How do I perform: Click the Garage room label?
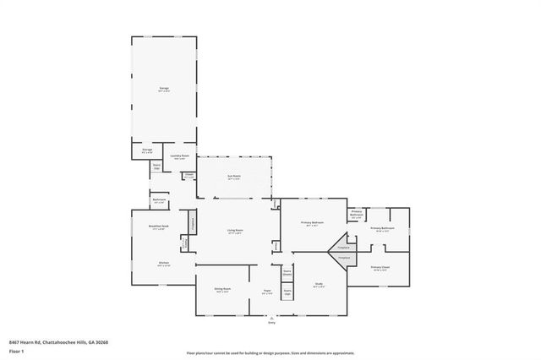click(163, 88)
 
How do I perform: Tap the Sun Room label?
click(233, 177)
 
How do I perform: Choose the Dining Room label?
click(222, 289)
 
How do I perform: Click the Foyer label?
click(266, 290)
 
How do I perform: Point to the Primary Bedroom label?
click(312, 223)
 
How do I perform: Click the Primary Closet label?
click(380, 268)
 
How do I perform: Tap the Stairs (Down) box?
click(287, 273)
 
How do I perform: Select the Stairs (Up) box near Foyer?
click(287, 292)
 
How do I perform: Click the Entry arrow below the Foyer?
click(271, 319)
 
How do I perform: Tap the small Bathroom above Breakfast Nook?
click(159, 200)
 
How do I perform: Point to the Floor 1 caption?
click(16, 350)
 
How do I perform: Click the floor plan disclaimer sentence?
click(270, 353)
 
